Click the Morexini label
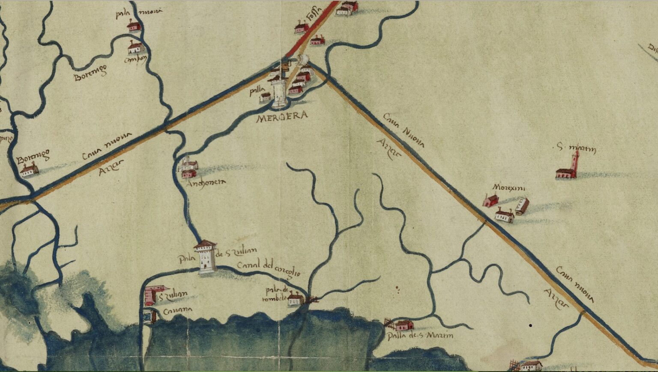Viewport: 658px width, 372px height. (509, 187)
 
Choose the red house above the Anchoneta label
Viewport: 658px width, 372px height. (188, 173)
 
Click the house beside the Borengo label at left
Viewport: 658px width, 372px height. (29, 171)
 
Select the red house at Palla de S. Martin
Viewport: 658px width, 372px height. (403, 325)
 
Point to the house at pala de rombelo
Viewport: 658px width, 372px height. (295, 299)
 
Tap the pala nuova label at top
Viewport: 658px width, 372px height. (138, 13)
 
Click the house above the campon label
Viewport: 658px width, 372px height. (135, 47)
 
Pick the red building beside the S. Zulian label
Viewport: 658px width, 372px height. (150, 295)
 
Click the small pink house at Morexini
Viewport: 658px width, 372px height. (491, 200)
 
